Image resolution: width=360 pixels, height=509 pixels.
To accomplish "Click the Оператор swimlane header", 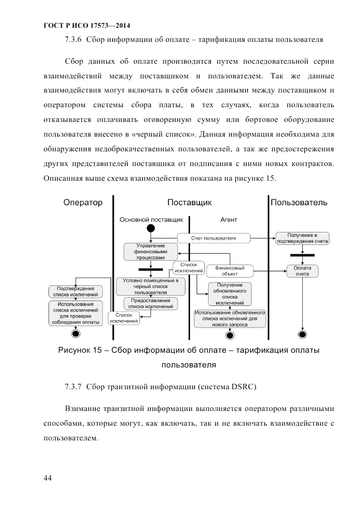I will pos(83,203).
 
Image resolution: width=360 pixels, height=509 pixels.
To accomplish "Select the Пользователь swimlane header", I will pos(299,203).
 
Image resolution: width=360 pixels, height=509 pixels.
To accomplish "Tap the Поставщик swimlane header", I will pos(189,203).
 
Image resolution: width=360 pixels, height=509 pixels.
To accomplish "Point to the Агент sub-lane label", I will pos(229,220).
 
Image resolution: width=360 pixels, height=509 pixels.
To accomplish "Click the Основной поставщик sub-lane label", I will pos(151,220).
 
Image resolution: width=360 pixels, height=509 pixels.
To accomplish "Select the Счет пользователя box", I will pos(213,238).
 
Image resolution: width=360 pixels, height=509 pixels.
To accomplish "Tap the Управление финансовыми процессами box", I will pos(151,252).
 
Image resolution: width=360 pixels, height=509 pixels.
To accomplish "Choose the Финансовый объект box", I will pos(230,271).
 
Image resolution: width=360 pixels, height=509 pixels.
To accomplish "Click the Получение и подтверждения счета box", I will pos(302,238).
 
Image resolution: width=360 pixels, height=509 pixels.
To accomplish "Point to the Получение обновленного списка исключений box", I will pos(229,293).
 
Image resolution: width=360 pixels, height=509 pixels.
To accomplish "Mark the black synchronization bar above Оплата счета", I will pos(302,254).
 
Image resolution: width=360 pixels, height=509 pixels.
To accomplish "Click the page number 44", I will pos(47,478).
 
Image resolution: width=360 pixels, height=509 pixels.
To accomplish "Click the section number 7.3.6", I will pos(73,39).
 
